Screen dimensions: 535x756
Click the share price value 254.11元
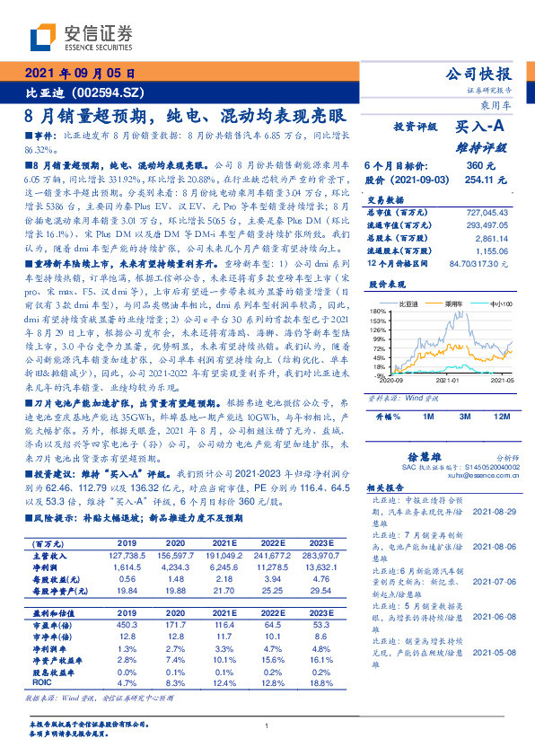point(474,180)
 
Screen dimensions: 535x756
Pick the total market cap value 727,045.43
point(484,212)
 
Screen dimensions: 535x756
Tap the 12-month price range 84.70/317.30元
point(478,263)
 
